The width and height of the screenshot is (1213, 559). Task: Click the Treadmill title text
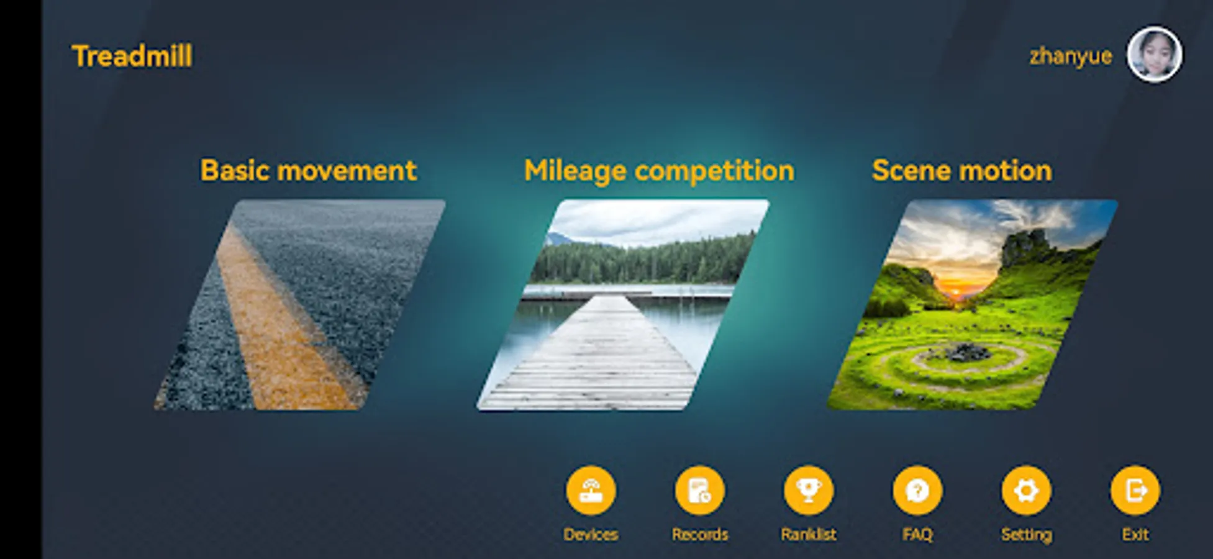click(x=132, y=56)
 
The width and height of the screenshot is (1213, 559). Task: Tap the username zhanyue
click(x=1070, y=57)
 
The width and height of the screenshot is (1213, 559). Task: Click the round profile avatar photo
click(x=1155, y=55)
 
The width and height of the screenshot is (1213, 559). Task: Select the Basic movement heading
click(x=308, y=170)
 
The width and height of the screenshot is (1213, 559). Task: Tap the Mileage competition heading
click(x=659, y=171)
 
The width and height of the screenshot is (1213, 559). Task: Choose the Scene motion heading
click(x=962, y=170)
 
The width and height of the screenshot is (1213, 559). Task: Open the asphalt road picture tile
click(x=300, y=304)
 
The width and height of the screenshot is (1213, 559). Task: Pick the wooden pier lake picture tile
click(x=623, y=304)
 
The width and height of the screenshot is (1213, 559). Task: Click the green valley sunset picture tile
click(x=973, y=304)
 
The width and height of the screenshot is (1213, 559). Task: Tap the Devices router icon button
click(x=591, y=491)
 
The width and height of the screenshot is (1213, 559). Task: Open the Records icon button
click(x=700, y=491)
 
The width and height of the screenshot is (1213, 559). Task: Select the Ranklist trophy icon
click(x=809, y=491)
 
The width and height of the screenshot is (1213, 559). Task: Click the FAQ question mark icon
click(x=917, y=491)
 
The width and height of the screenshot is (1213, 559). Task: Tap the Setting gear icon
click(x=1026, y=491)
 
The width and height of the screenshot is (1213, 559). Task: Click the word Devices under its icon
click(x=591, y=534)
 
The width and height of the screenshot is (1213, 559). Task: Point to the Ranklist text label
click(x=809, y=534)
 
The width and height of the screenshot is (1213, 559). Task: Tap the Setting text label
click(x=1026, y=535)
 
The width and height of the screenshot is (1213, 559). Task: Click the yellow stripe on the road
click(x=286, y=323)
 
